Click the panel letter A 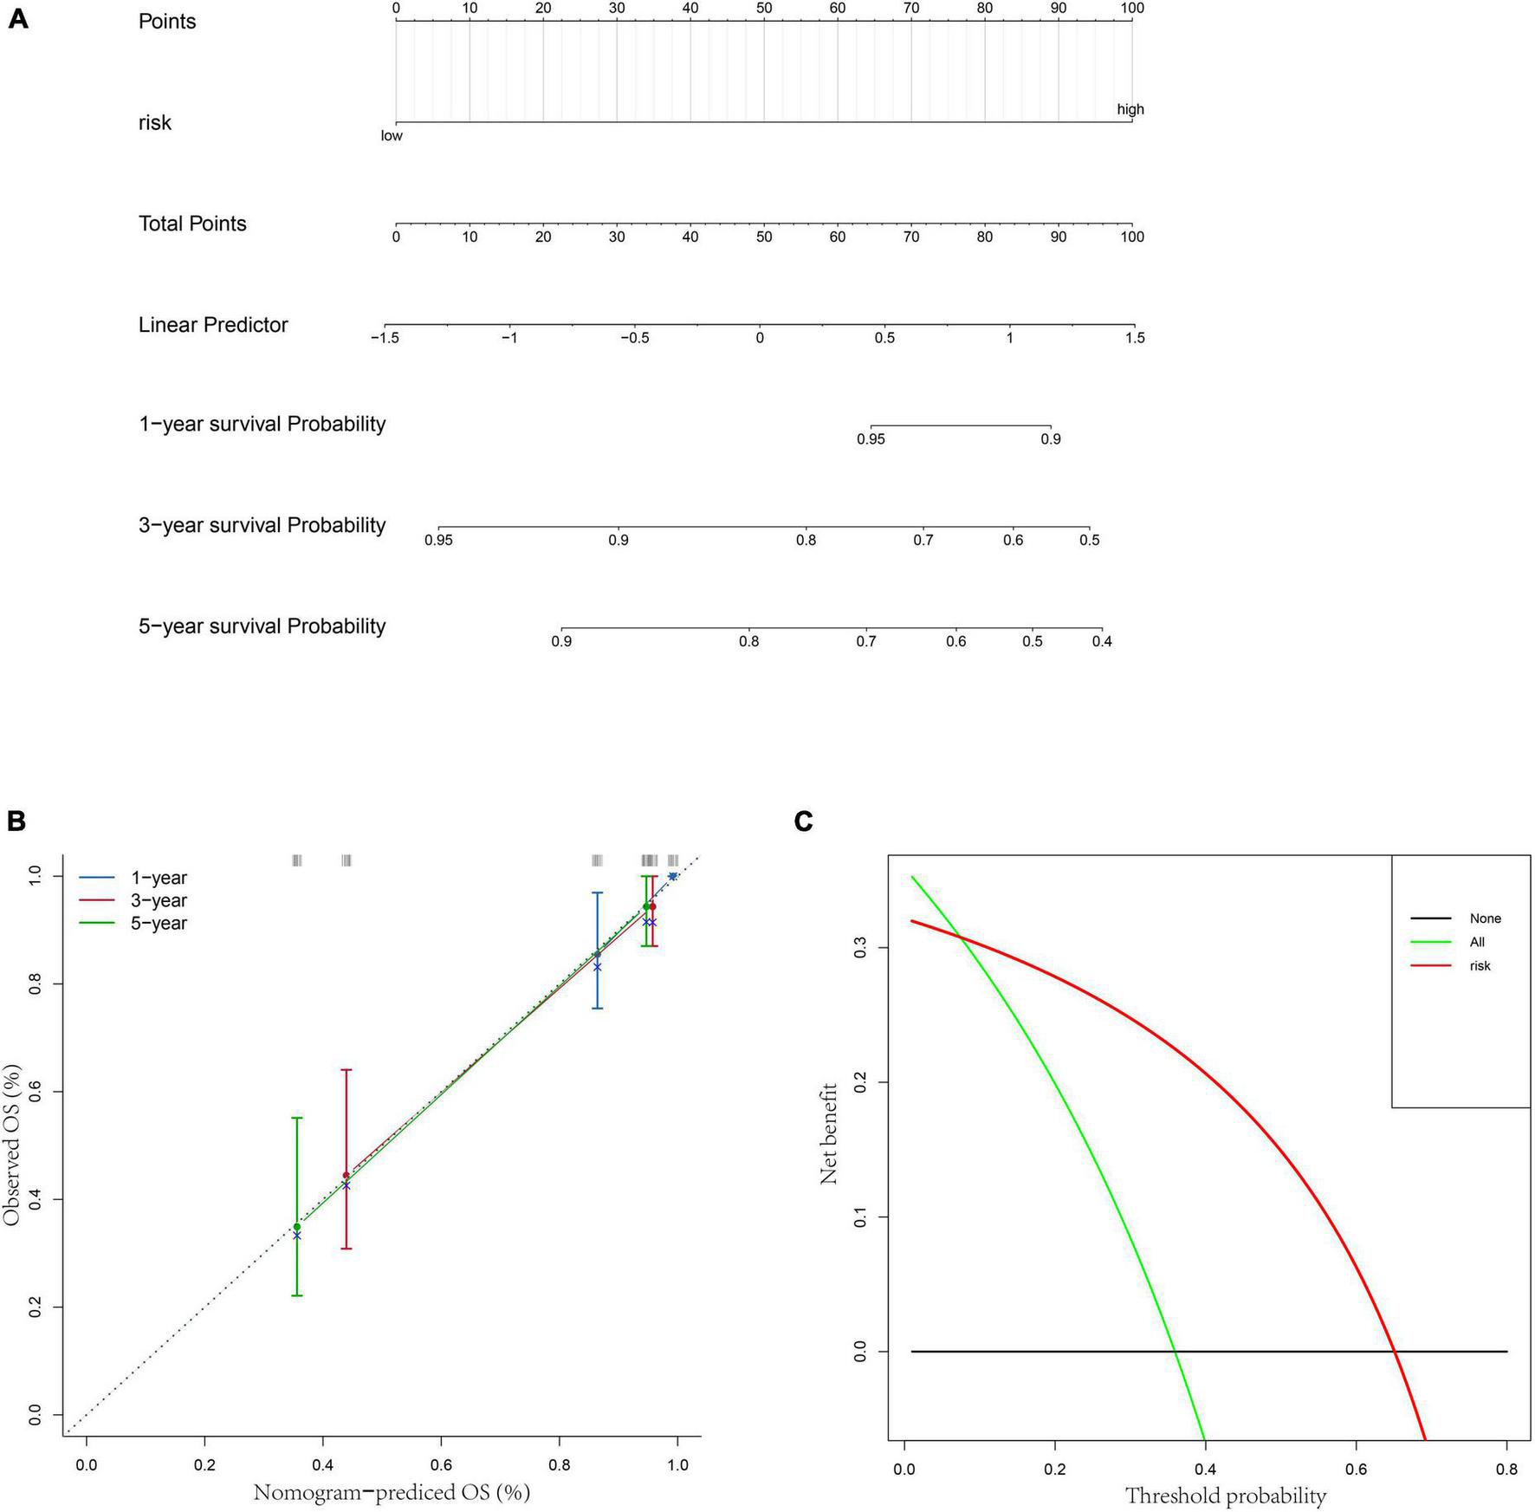click(x=17, y=19)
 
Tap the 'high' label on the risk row click(x=1130, y=109)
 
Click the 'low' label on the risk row click(x=392, y=136)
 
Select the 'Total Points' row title click(x=192, y=224)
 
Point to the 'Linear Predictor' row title click(x=213, y=325)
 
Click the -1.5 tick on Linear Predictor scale click(x=385, y=338)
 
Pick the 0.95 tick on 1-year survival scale click(x=871, y=439)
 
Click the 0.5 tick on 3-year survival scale click(x=1089, y=540)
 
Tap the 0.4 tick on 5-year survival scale click(x=1101, y=641)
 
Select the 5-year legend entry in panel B click(x=159, y=924)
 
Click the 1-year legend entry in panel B click(x=159, y=878)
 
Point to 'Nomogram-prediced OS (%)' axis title click(x=392, y=1492)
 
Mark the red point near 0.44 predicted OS click(x=347, y=1176)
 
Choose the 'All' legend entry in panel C click(x=1476, y=942)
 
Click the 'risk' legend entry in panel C click(x=1480, y=965)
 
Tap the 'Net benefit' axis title click(x=829, y=1132)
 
